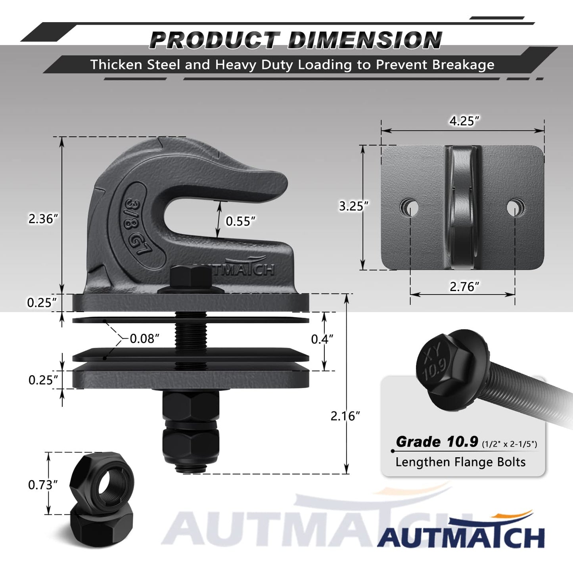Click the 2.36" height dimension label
point(43,219)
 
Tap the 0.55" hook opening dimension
point(240,221)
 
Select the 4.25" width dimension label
point(464,121)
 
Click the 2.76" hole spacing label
point(464,286)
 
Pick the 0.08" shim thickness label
point(145,339)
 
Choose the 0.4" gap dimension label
point(322,339)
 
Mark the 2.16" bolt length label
point(345,416)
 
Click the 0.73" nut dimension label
point(43,485)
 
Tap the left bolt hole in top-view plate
point(409,207)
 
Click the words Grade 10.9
point(438,442)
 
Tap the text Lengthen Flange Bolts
point(460,462)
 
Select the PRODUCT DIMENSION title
point(295,40)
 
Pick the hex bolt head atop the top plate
point(191,276)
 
